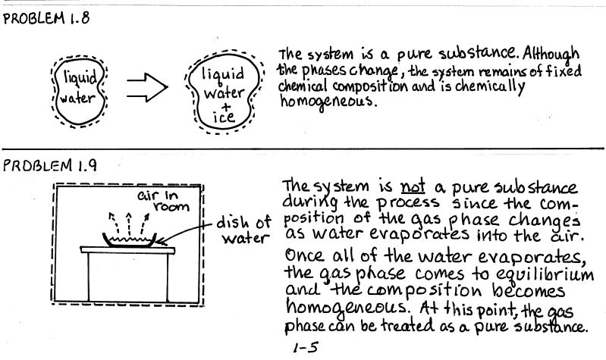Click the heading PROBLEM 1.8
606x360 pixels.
tap(46, 18)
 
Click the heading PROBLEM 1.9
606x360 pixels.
tap(50, 165)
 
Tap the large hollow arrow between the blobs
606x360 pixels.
tap(147, 88)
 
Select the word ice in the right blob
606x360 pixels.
tap(224, 117)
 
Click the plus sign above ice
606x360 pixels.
tap(226, 105)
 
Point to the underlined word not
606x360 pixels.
tap(413, 186)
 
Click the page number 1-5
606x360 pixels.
tap(306, 348)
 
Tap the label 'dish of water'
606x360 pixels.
tap(244, 230)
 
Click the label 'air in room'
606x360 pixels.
tap(163, 201)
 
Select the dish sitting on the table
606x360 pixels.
tap(130, 239)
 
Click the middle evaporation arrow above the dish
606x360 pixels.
tap(129, 224)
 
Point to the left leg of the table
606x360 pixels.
tap(89, 277)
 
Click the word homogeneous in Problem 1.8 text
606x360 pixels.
tap(328, 102)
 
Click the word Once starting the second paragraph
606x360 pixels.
tap(304, 255)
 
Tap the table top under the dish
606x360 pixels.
tap(127, 250)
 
